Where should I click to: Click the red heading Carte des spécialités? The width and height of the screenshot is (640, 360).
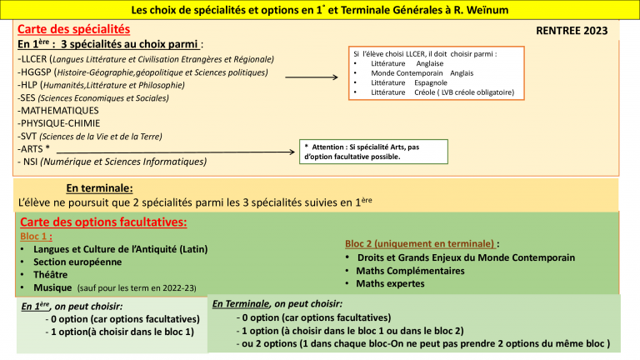click(x=73, y=29)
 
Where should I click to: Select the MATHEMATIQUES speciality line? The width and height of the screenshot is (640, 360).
click(x=57, y=110)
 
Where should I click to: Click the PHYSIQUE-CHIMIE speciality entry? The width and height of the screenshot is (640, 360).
click(x=57, y=123)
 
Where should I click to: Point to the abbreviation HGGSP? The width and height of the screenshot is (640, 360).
click(x=38, y=72)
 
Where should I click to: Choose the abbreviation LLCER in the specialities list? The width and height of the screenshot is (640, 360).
click(x=34, y=60)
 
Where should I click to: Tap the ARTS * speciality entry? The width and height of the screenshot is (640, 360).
click(x=34, y=148)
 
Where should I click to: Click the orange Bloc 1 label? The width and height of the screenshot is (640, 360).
click(x=37, y=236)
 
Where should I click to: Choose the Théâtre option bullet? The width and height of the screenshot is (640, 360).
click(x=49, y=274)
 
